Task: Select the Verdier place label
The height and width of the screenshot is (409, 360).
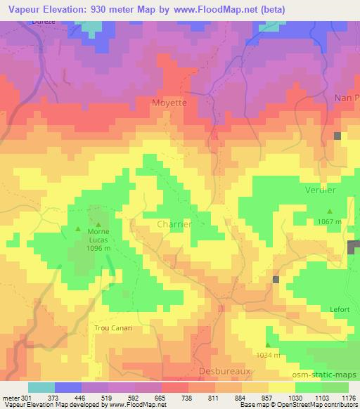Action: tap(320, 190)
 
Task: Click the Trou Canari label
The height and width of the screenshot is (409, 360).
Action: tap(113, 327)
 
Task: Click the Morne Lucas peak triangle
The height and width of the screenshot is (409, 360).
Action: tap(78, 228)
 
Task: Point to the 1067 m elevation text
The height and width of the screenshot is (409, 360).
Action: tap(328, 222)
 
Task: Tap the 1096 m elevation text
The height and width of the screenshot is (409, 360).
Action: tap(97, 249)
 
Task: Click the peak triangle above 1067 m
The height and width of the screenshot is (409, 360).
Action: tap(329, 211)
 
